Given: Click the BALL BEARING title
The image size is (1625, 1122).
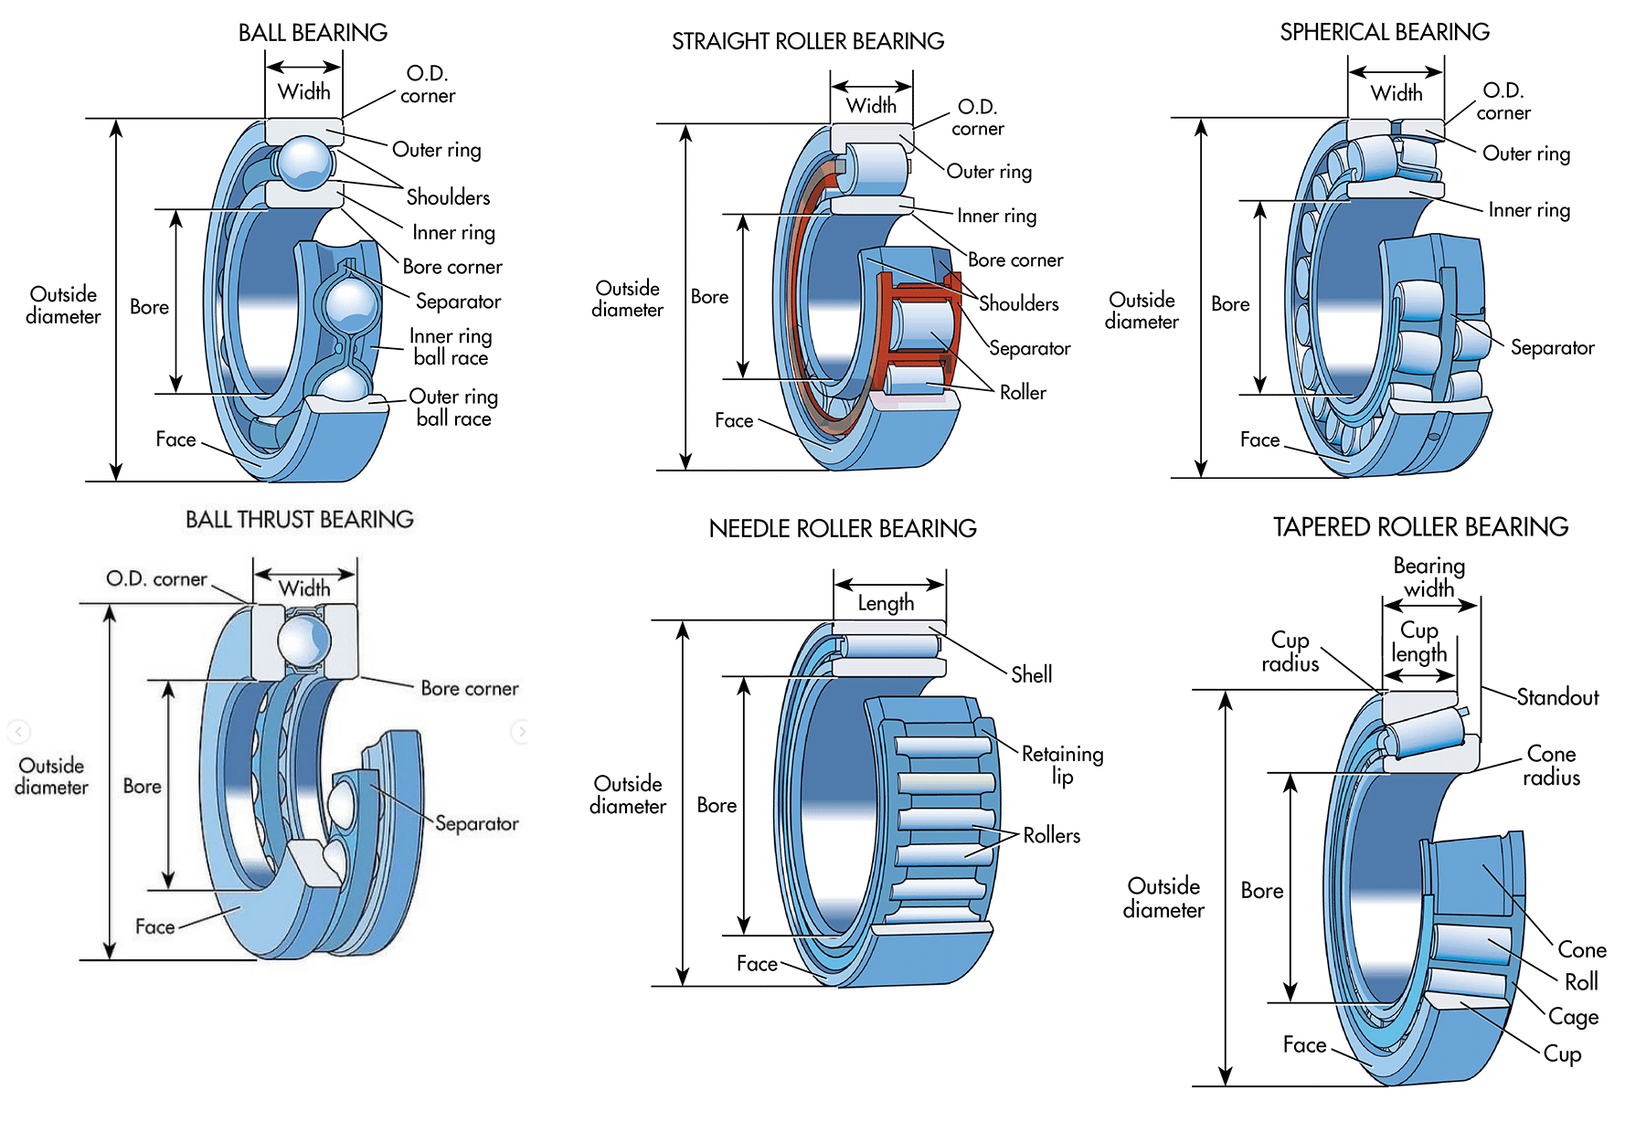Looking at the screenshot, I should [313, 33].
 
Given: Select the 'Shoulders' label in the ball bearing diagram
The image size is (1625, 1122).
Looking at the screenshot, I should [448, 197].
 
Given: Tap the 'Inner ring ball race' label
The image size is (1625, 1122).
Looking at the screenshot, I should [451, 347].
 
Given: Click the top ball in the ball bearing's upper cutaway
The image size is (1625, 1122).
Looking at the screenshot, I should [304, 162].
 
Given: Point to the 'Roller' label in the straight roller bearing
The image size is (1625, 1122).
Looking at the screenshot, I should [1023, 393].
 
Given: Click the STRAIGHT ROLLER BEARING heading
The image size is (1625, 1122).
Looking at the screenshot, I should [808, 41].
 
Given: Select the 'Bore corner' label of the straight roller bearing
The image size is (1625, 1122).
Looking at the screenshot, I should [1015, 260].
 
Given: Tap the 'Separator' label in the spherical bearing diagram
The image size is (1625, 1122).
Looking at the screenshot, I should [1552, 348].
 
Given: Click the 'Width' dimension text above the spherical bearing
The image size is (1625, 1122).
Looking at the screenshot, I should [1397, 93].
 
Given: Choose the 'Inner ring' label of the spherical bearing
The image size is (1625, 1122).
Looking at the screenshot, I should [1529, 211].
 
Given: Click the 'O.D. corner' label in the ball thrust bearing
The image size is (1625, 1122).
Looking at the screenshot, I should [156, 579].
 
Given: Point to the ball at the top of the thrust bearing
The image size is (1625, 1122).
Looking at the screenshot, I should [303, 641].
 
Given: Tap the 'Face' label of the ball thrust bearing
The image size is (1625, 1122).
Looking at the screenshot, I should [154, 927].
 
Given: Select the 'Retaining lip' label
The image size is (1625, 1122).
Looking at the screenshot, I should [1062, 765].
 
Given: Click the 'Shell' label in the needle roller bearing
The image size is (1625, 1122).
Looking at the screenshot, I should [1031, 675].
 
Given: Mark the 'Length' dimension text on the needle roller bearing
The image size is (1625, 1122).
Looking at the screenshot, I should [886, 603].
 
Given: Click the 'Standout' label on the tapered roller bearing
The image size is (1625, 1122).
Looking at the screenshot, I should [1557, 698].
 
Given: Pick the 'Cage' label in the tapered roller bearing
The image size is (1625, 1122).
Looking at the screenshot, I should [1573, 1017].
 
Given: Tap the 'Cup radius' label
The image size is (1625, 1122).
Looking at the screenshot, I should [1290, 651].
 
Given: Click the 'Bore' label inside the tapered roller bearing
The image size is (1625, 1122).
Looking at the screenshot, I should [1261, 891].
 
